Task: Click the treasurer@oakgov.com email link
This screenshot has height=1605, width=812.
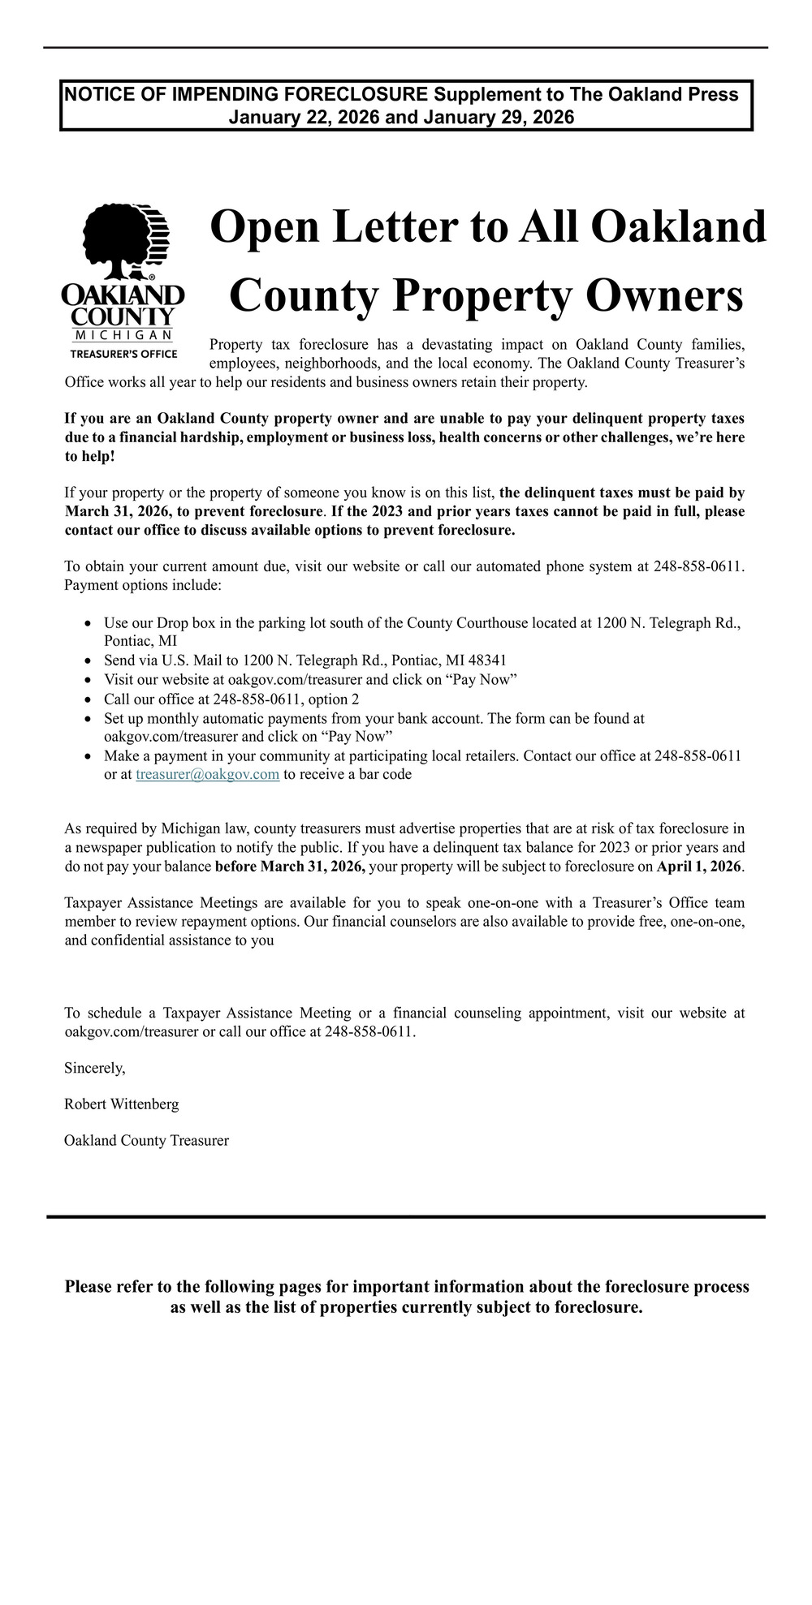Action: pos(208,774)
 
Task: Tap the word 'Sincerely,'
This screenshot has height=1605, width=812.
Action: pos(95,1068)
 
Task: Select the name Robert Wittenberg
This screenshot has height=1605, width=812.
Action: pos(122,1104)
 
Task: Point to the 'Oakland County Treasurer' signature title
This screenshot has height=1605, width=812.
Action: pos(146,1141)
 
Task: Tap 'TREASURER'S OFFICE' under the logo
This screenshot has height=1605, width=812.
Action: pos(123,354)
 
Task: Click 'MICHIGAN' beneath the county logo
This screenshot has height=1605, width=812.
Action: pos(123,335)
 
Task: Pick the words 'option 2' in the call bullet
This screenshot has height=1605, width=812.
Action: pos(334,699)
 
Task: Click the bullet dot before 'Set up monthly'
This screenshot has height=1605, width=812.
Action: pos(88,719)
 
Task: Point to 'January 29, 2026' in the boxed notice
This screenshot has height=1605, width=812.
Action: pos(499,118)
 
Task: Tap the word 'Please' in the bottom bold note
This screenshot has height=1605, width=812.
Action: pos(89,1287)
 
